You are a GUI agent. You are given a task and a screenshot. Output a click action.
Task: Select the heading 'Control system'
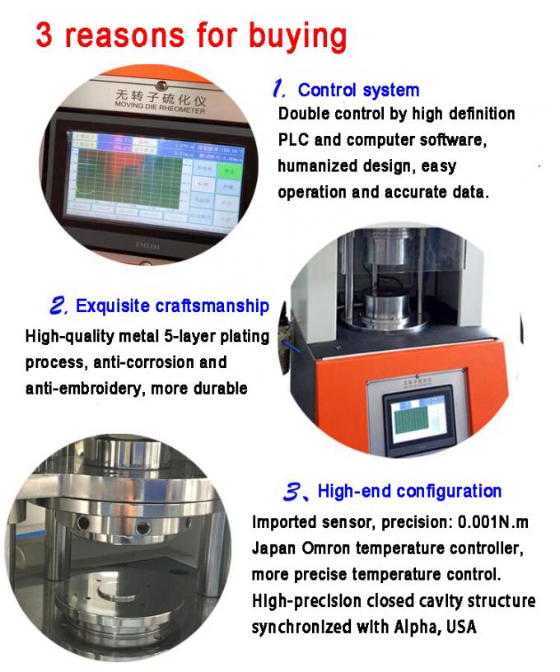coord(358,90)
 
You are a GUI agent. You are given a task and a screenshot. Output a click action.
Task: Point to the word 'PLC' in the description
coord(296,140)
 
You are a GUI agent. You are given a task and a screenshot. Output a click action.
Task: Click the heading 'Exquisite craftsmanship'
coord(172,306)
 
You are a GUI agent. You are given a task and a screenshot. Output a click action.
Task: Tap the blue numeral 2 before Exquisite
coord(58,306)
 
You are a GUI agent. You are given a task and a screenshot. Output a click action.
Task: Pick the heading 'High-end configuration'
coord(409,492)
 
